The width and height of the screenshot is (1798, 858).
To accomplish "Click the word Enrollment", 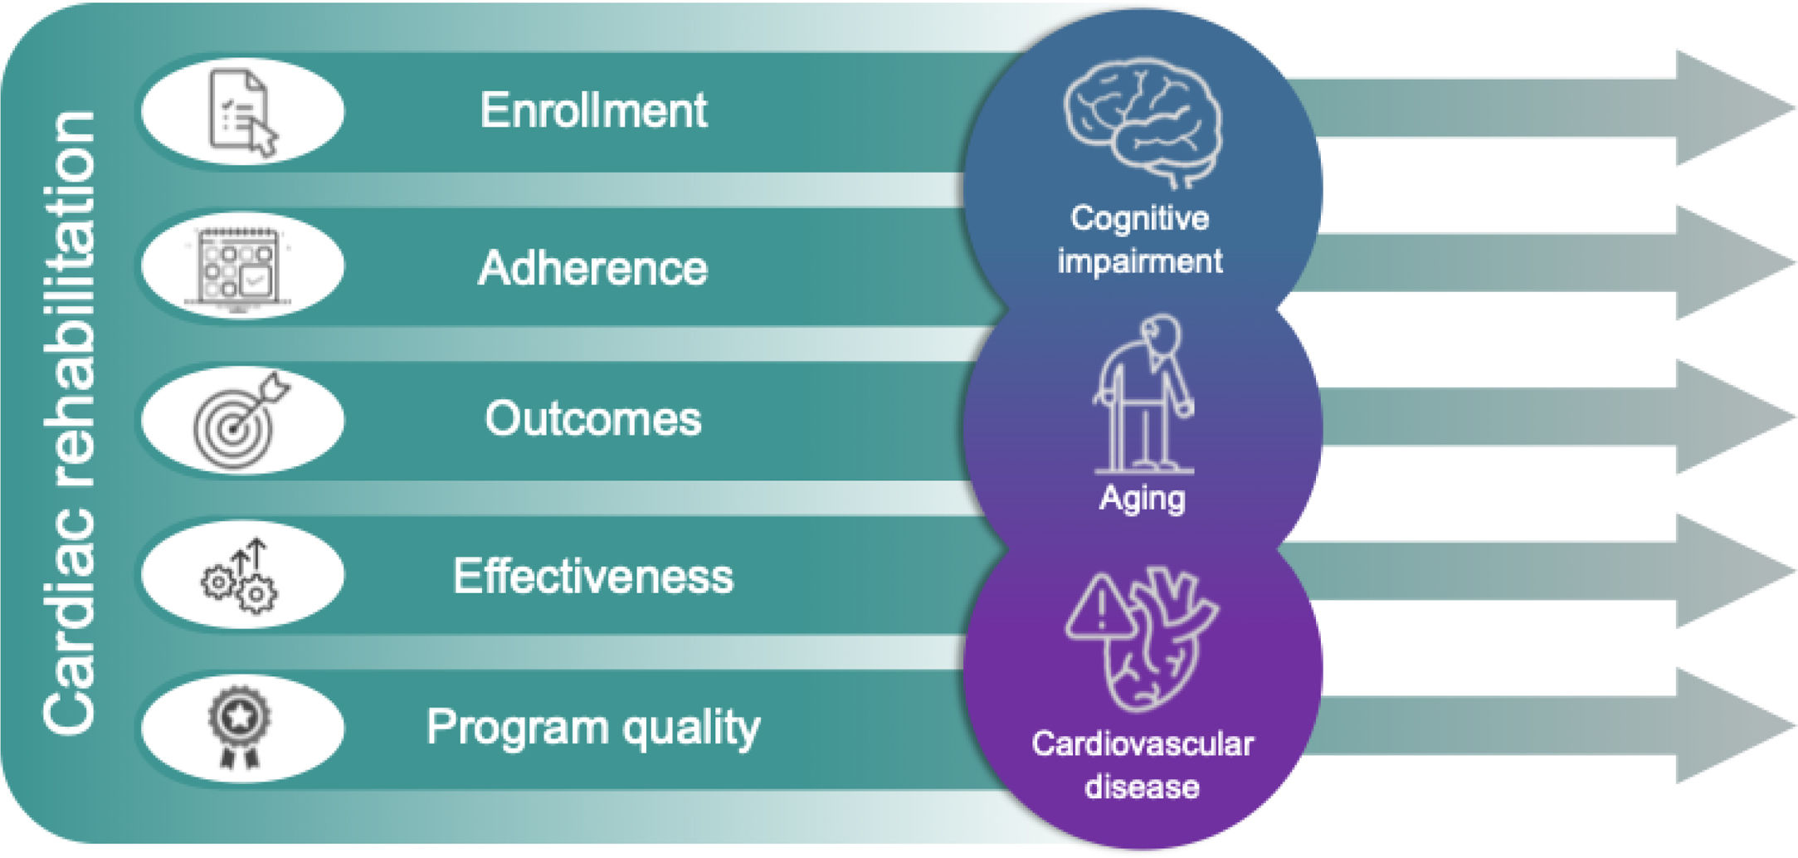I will coord(593,110).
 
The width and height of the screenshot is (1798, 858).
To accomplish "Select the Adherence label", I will coord(593,268).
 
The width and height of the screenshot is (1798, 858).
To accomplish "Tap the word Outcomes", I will coord(593,418).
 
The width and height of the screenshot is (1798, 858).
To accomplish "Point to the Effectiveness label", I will coord(593,576).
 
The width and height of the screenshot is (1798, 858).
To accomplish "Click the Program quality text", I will coord(593,728).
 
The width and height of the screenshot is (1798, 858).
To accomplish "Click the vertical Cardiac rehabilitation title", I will coord(70,423).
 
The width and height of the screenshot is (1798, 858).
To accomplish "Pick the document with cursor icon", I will coord(241,112).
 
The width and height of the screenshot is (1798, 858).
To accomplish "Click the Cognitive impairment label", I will coord(1140,240).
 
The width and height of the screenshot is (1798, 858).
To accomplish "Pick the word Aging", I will coord(1143,499).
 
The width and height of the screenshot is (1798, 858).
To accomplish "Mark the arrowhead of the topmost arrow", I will coord(1730,108).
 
